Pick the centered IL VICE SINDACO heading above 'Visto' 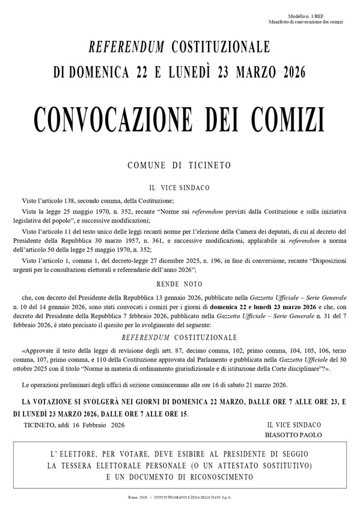(x=180, y=188)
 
